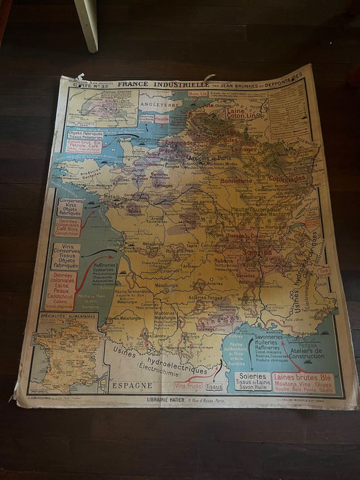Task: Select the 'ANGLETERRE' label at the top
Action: point(157,106)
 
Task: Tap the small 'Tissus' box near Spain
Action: point(214,387)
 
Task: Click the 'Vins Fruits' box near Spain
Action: point(188,385)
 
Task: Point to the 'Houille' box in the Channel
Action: point(162,119)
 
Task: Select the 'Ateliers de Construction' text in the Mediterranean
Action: point(308,352)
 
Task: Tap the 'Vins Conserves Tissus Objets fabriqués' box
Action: point(66,257)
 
